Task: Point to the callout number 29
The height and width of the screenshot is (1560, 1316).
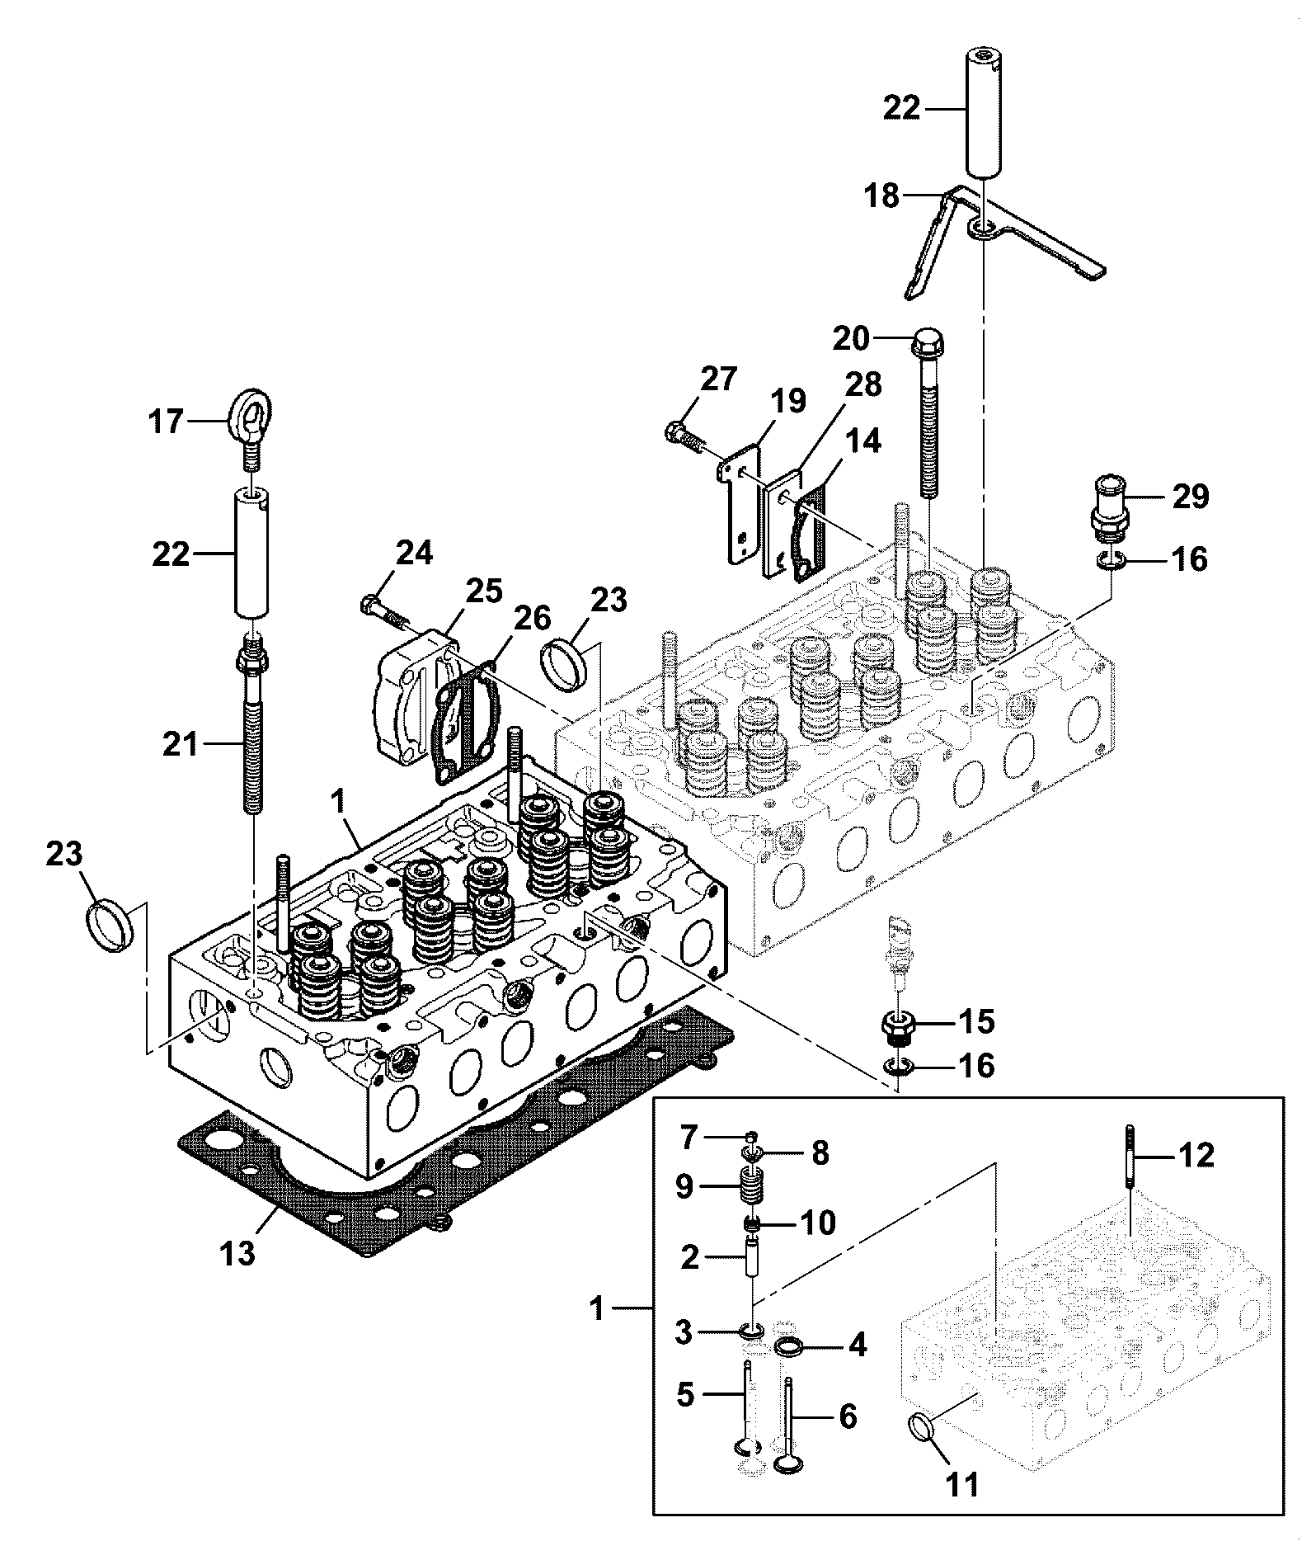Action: (1190, 497)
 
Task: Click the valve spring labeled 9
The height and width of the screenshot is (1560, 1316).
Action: (748, 1189)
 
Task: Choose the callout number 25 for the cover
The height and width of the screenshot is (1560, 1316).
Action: (482, 590)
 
